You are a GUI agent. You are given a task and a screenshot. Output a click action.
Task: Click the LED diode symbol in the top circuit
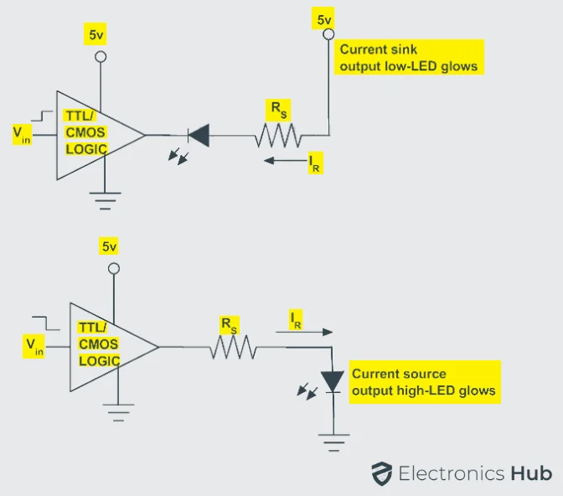[198, 134]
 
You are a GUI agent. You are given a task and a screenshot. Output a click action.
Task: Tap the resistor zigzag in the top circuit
[277, 134]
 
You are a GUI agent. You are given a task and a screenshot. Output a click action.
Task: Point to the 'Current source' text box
[425, 382]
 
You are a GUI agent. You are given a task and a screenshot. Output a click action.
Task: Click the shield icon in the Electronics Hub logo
[382, 473]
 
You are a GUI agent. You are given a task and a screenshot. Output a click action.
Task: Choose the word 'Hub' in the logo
[530, 473]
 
